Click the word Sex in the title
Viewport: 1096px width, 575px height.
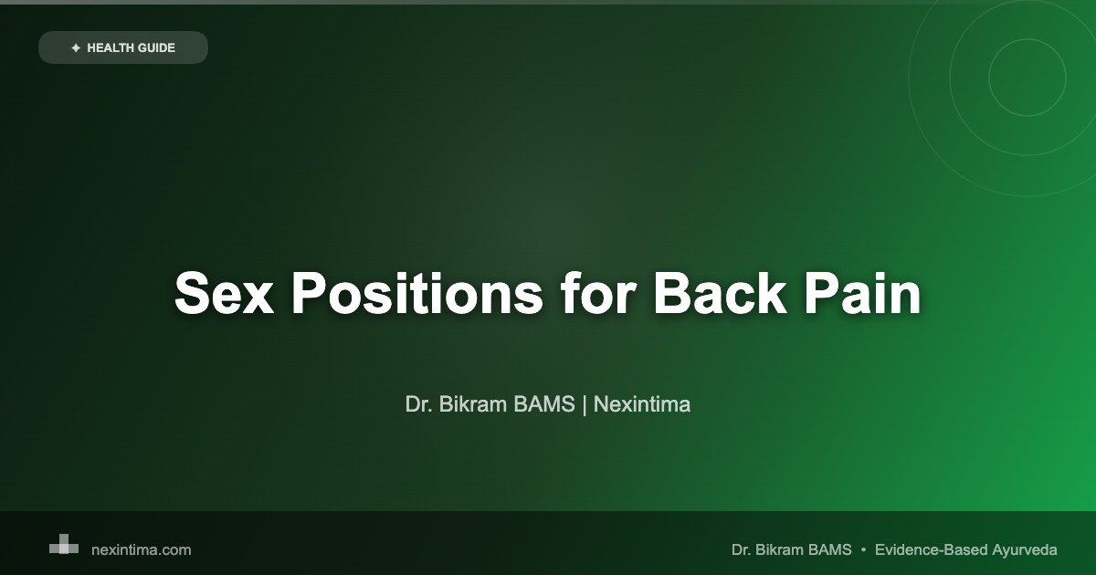pos(223,294)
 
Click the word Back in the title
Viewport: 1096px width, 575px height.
pos(724,294)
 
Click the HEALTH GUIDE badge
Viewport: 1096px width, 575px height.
pos(123,47)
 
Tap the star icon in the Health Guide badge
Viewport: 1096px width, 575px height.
pos(76,47)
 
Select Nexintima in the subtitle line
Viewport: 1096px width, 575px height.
pos(642,404)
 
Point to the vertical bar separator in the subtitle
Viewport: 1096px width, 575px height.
pos(585,404)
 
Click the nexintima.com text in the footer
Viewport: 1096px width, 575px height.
pos(142,549)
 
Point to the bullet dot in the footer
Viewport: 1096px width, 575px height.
pos(863,549)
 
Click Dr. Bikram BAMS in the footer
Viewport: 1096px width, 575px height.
pos(791,549)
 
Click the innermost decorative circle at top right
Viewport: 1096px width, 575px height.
pos(1027,78)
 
